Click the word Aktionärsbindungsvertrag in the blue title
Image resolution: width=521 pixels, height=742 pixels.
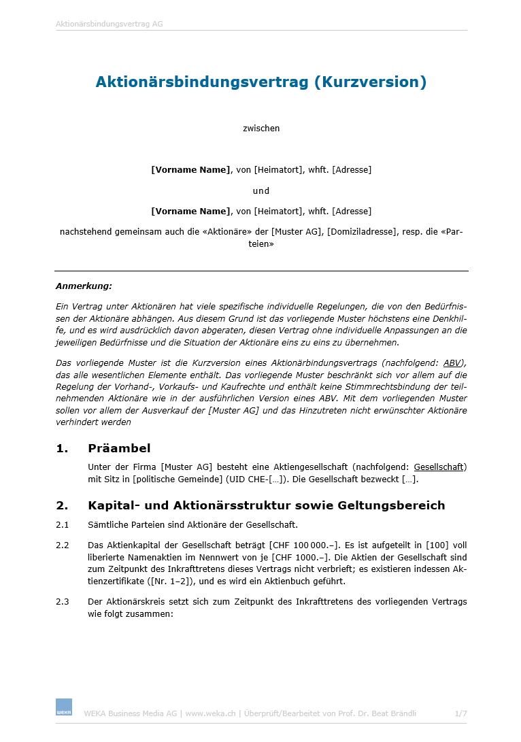202,82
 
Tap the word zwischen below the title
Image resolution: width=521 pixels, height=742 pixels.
261,128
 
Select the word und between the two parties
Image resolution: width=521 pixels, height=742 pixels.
261,190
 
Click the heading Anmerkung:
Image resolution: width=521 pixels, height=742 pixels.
84,286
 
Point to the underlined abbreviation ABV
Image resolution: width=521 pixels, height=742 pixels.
451,362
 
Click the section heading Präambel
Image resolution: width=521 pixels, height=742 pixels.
119,448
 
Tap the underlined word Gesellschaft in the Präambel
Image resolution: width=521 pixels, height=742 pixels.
439,467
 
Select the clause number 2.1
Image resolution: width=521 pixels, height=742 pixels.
63,524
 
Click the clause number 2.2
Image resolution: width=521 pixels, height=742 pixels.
63,545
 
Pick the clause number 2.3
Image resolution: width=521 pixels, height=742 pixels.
63,602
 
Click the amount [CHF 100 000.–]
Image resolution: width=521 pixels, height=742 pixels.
304,545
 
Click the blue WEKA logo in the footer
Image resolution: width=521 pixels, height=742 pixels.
64,707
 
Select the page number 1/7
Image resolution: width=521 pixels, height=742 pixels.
460,713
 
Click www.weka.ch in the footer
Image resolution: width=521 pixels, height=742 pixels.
210,713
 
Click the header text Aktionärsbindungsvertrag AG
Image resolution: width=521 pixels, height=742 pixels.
109,24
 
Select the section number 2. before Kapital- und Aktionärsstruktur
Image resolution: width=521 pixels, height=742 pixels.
63,505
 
